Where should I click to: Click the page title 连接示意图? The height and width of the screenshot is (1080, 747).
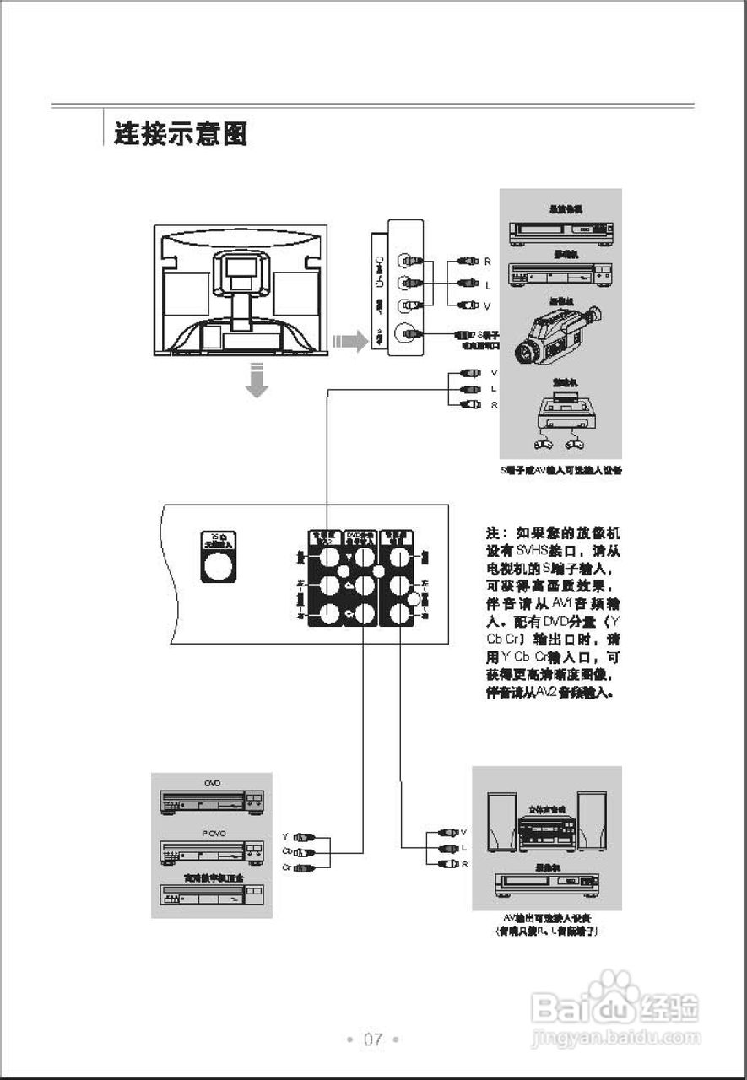(x=181, y=133)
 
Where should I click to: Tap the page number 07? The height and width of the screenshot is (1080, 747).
(x=373, y=1039)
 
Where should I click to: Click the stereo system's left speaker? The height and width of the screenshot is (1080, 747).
(x=502, y=823)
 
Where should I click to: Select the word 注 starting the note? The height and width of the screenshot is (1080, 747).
(x=493, y=534)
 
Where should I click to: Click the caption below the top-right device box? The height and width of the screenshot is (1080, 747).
(x=561, y=470)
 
